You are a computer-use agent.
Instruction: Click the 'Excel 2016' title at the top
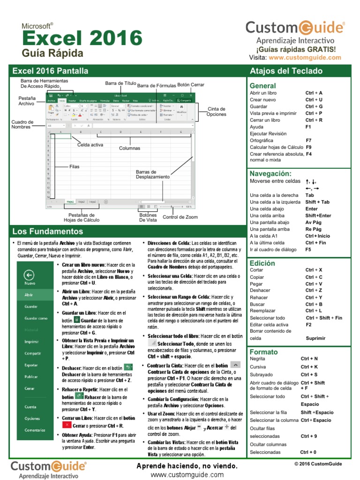coord(82,37)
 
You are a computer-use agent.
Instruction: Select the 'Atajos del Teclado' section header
coord(286,71)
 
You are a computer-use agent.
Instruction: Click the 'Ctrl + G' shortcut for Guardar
coord(314,106)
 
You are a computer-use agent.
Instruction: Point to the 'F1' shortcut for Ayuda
coord(308,127)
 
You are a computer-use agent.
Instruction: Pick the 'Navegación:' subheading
coord(270,173)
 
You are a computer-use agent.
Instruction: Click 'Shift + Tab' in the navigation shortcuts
coord(317,202)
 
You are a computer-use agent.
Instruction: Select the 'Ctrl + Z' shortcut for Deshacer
coord(314,291)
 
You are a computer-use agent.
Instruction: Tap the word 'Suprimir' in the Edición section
coord(315,338)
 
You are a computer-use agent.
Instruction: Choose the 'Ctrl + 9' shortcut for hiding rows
coord(309,436)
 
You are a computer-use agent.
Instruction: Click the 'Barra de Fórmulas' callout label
coord(157,86)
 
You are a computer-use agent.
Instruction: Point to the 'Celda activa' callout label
coord(90,145)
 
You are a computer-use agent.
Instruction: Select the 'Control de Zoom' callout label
coord(180,217)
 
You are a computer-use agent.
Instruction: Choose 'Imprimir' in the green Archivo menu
coord(32,342)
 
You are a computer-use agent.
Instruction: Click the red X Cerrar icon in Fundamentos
coord(67,425)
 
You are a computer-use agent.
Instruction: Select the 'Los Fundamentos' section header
coord(47,232)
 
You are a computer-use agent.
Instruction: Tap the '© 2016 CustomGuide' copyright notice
coord(318,464)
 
